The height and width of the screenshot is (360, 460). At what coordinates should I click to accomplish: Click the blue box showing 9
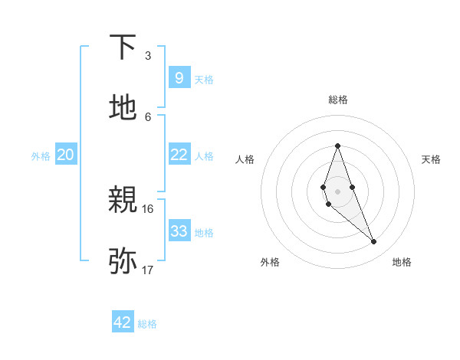click(179, 78)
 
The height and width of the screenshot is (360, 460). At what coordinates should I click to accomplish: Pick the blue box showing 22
click(179, 155)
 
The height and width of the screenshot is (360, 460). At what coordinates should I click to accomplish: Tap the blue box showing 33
click(179, 231)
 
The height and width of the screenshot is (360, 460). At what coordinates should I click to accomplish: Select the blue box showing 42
click(123, 322)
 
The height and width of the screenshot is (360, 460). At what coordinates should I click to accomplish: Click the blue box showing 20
click(66, 155)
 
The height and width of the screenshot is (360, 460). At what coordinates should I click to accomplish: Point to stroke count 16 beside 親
click(148, 208)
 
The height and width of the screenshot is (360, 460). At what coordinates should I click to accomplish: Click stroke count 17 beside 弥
click(148, 269)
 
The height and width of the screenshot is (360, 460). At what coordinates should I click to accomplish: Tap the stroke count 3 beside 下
click(148, 55)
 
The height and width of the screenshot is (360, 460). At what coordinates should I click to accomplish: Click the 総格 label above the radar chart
click(338, 100)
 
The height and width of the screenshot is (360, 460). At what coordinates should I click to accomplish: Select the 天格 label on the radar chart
click(431, 159)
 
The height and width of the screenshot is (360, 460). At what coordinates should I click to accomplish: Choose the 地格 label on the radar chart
click(402, 262)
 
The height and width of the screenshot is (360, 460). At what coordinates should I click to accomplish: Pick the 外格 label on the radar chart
click(270, 262)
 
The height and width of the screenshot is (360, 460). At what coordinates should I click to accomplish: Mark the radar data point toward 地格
click(374, 242)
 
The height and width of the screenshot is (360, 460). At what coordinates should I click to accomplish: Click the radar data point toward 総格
click(338, 146)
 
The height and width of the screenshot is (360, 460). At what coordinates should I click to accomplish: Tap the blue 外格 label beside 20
click(41, 155)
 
